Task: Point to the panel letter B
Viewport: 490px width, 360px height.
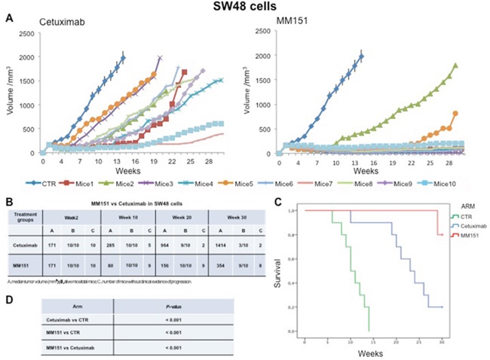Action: coord(8,201)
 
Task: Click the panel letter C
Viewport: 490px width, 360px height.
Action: coord(279,201)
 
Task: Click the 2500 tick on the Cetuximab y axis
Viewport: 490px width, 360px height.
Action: coord(30,33)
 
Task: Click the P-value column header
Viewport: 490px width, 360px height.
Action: coord(173,306)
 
